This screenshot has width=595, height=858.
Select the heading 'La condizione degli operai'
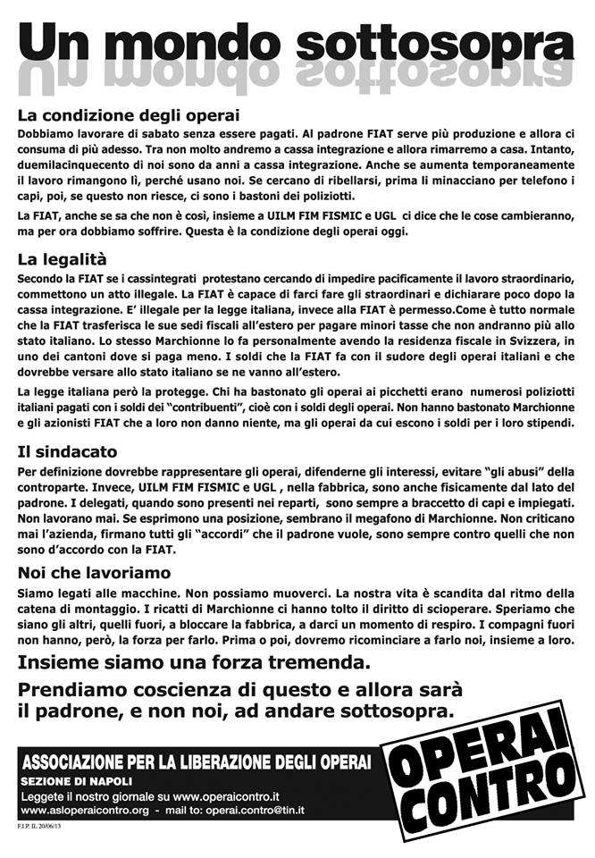pos(129,115)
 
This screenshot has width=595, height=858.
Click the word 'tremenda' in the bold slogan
pos(314,663)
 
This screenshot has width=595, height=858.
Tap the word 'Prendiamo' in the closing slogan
pos(73,691)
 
